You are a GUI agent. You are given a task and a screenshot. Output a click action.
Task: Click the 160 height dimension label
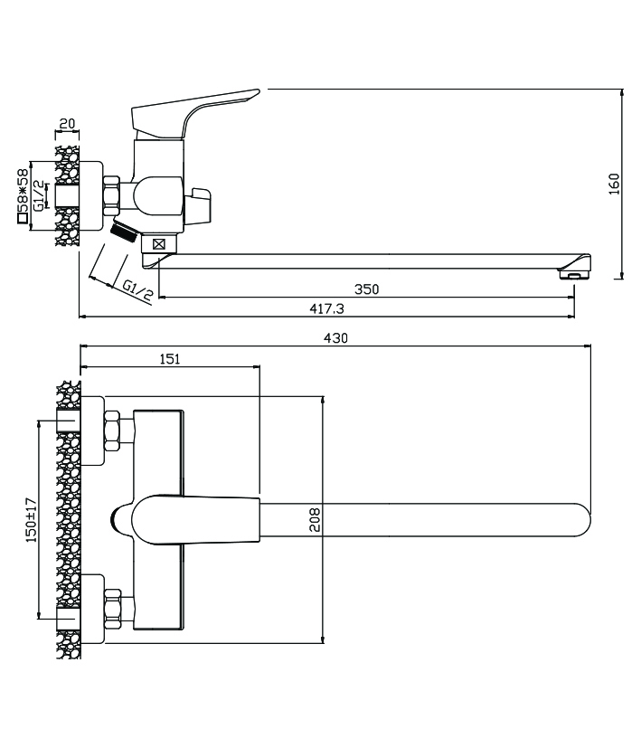[x=614, y=184]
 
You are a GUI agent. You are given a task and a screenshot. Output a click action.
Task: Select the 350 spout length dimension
[x=366, y=289]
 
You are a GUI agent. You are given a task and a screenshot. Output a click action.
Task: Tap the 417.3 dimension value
[x=327, y=309]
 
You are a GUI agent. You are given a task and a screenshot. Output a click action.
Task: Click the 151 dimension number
[x=170, y=359]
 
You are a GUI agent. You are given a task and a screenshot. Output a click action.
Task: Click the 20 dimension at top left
[x=66, y=125]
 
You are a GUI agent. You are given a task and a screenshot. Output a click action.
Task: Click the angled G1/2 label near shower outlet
[x=137, y=289]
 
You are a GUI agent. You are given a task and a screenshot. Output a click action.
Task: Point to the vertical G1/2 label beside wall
[x=39, y=195]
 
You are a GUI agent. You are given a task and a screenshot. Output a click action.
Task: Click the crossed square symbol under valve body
[x=160, y=243]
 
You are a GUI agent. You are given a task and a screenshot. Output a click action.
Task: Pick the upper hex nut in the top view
[x=113, y=430]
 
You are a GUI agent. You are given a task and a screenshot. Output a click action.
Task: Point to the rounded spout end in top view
[x=579, y=523]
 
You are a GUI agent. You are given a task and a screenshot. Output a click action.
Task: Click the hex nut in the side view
[x=112, y=196]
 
